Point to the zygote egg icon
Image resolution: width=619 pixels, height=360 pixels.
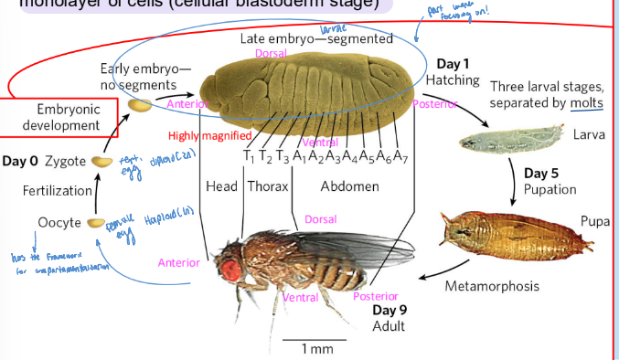click(101, 162)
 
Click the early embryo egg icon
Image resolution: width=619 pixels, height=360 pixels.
click(139, 106)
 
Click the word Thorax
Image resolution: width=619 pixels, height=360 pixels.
click(267, 186)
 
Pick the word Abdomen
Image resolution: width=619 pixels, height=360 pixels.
click(349, 186)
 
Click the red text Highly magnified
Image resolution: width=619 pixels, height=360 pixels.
click(209, 136)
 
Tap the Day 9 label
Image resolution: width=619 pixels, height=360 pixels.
click(390, 309)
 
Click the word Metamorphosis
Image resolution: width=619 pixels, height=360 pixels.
click(491, 286)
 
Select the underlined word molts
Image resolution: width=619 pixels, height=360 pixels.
click(586, 103)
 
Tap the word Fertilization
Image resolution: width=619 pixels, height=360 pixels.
click(57, 191)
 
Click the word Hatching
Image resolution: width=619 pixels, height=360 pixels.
click(452, 80)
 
